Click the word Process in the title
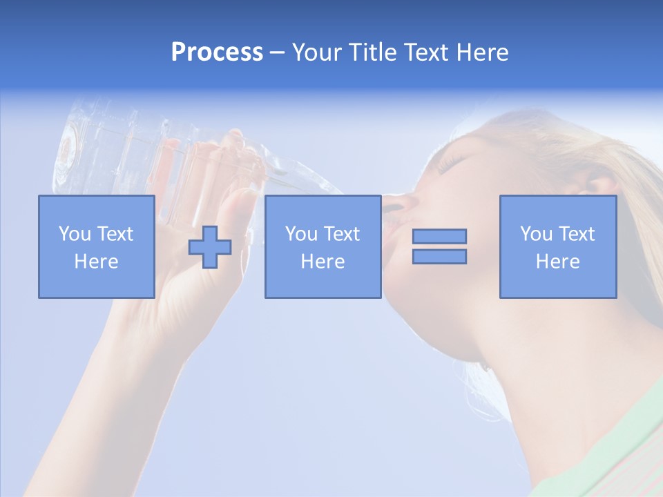[x=217, y=52]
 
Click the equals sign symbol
[x=439, y=246]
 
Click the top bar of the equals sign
[x=439, y=236]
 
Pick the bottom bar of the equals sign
[x=439, y=257]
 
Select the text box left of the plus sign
[x=96, y=246]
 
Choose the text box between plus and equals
[x=323, y=246]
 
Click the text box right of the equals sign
[x=557, y=246]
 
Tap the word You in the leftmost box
[x=74, y=234]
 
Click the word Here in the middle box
[x=323, y=262]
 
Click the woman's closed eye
[x=452, y=164]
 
